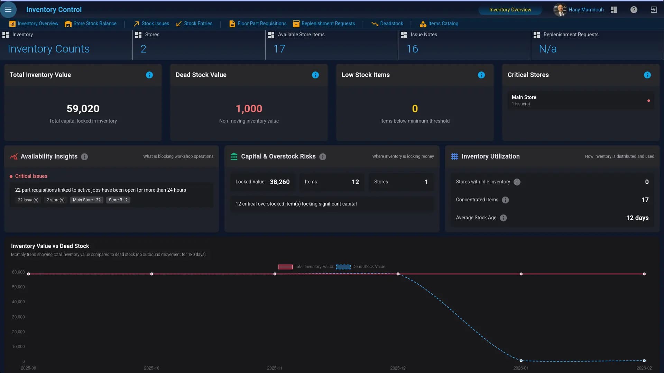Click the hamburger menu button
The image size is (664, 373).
point(8,10)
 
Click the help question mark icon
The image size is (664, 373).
point(634,10)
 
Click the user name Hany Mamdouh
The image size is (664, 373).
point(586,10)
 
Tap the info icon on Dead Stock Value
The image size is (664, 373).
point(315,75)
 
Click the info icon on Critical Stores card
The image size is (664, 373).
point(647,75)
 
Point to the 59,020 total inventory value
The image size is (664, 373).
point(83,109)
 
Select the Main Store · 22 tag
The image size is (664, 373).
point(86,200)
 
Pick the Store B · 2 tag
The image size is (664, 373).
point(118,200)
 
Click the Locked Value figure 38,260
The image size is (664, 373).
point(279,182)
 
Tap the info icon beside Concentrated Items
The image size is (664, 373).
point(505,200)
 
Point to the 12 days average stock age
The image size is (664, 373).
point(637,218)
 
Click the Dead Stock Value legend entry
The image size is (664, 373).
point(361,267)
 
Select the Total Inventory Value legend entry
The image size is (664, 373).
point(306,267)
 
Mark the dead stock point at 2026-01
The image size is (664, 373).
point(521,361)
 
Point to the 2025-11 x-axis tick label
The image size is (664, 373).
point(275,368)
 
